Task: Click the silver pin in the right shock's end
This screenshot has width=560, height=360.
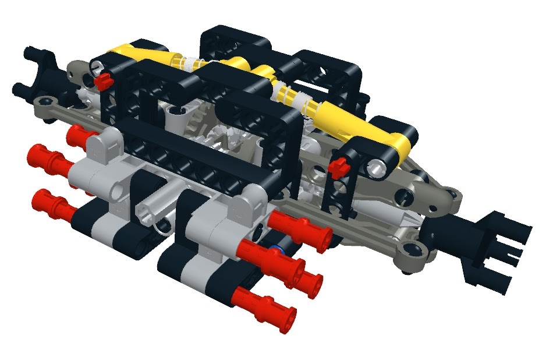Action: click(x=378, y=168)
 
